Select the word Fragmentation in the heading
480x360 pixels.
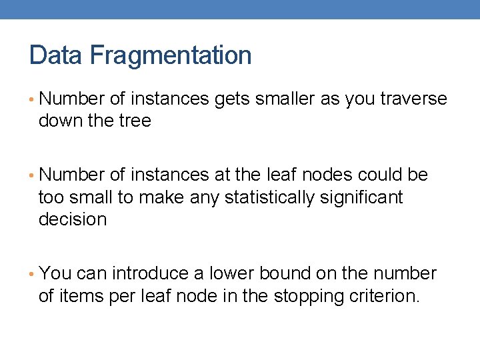tap(170, 55)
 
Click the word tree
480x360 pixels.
tap(135, 121)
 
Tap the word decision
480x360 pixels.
tap(73, 219)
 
